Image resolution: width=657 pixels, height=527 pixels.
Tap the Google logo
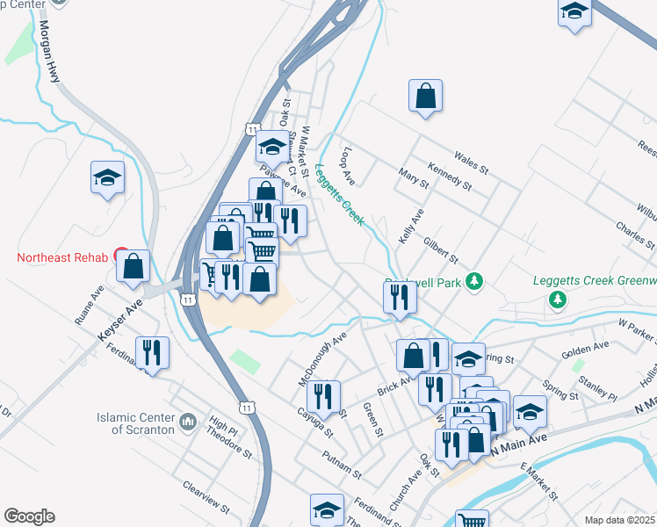click(x=29, y=516)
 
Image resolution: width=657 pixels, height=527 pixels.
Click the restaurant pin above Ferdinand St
click(x=153, y=353)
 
